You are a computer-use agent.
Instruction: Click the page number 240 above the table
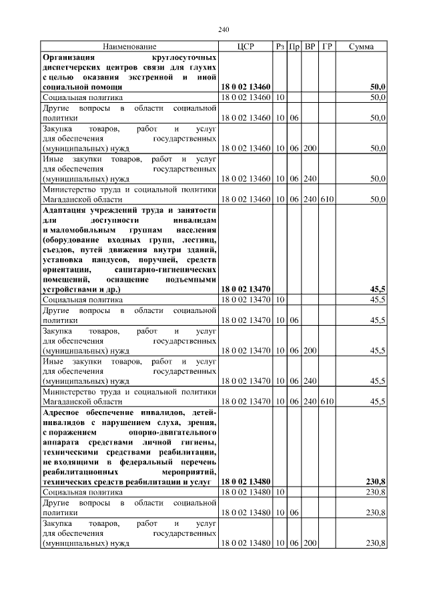(x=224, y=29)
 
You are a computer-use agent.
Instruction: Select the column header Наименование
(x=129, y=47)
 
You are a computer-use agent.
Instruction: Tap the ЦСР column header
(x=246, y=47)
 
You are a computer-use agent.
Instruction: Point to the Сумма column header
(x=361, y=47)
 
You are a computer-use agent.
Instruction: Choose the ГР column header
(x=327, y=47)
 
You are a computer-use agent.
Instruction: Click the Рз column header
(x=280, y=47)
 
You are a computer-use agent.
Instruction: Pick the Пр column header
(x=294, y=47)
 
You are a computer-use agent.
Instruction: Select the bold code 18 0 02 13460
(x=246, y=87)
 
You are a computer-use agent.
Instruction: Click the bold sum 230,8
(x=376, y=481)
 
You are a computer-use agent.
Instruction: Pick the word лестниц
(x=199, y=239)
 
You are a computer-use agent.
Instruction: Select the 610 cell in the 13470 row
(x=327, y=401)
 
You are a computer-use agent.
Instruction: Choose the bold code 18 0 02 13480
(x=246, y=481)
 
